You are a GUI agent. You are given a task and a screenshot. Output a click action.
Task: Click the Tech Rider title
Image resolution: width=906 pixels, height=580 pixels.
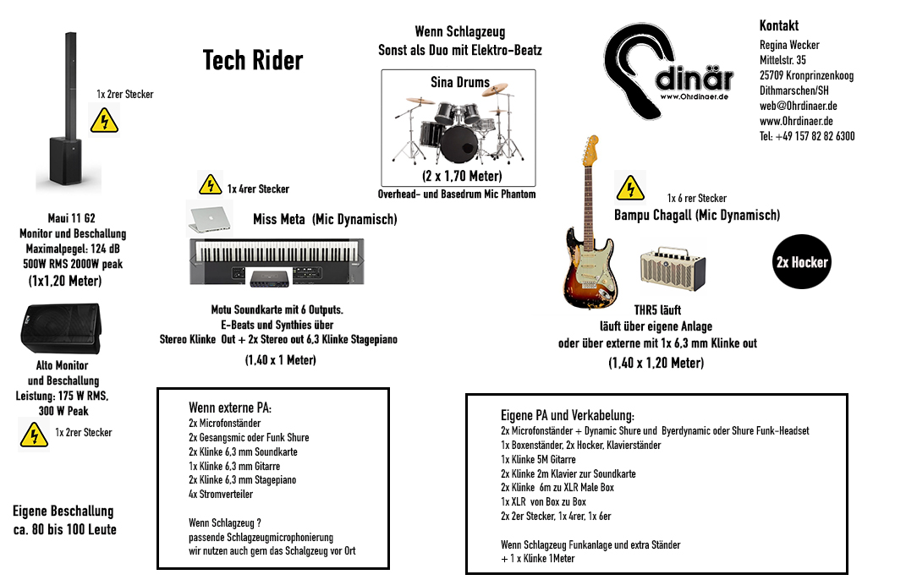[x=253, y=61]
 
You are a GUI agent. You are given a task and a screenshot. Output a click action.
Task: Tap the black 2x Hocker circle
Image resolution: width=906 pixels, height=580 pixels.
[x=802, y=262]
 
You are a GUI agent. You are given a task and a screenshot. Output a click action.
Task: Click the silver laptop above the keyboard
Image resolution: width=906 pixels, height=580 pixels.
[x=210, y=217]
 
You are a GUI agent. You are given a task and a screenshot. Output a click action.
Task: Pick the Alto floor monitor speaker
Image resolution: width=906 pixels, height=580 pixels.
[x=59, y=328]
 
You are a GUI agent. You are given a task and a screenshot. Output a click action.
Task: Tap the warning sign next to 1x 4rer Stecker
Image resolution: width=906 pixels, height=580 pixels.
[x=210, y=184]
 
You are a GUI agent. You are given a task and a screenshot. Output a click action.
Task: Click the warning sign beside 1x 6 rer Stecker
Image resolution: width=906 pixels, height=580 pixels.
[x=630, y=188]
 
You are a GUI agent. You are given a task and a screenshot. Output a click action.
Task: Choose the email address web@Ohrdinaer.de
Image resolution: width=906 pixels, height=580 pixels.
[x=798, y=106]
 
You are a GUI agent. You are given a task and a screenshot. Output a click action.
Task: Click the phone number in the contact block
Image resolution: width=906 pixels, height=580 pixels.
[x=806, y=136]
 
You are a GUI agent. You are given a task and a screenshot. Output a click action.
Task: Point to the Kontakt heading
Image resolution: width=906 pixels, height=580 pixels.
[x=778, y=25]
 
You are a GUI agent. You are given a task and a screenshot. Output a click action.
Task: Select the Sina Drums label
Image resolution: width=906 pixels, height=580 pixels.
[x=460, y=83]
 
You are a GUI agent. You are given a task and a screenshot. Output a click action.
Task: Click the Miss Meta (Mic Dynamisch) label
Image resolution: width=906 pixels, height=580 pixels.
[x=325, y=220]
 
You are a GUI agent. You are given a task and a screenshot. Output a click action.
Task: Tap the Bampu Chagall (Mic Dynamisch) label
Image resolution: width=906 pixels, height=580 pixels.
[x=697, y=215]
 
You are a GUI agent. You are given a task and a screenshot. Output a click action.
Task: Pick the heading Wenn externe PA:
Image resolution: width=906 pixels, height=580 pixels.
[x=230, y=408]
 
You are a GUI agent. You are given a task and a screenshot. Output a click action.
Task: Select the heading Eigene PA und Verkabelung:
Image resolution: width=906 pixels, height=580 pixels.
[x=567, y=415]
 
